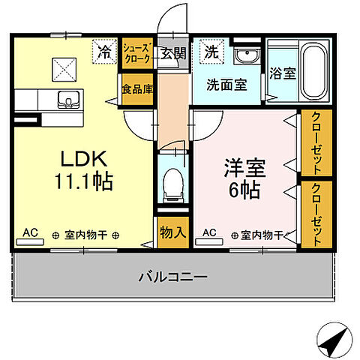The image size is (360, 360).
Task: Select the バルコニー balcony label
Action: pos(172,277)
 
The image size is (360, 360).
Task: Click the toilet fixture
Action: pos(173,181)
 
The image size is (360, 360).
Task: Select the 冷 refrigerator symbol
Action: pos(103,52)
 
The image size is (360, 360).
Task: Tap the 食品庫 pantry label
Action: pos(137,87)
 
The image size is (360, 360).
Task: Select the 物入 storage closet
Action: pos(172,231)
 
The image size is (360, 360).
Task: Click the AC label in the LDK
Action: pos(31,234)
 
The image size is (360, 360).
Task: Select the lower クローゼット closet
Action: pos(317,214)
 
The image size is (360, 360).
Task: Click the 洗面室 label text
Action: pos(226,85)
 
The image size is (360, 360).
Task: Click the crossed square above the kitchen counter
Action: pos(62,69)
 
